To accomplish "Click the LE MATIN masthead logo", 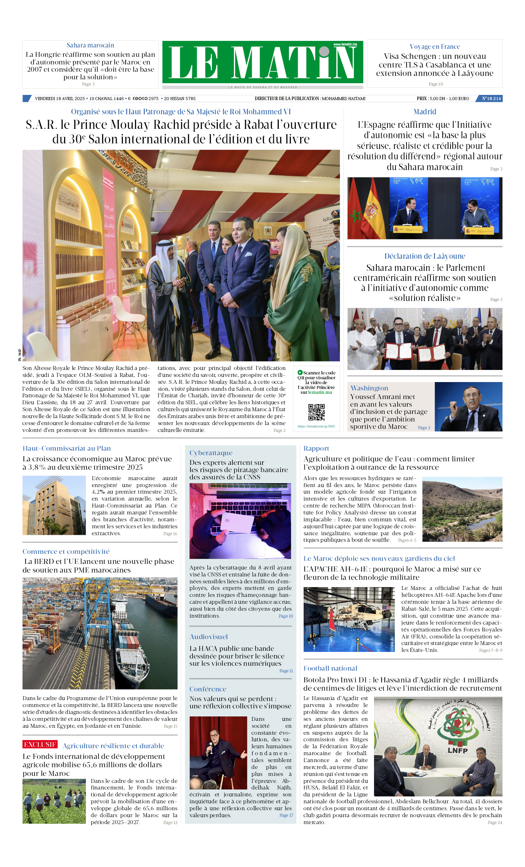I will (x=262, y=63).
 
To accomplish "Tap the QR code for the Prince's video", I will (x=316, y=412).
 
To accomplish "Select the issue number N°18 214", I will (x=491, y=98).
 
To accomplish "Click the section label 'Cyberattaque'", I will (x=211, y=453).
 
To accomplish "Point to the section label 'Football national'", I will (x=330, y=668).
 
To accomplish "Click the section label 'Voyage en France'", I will (x=435, y=46).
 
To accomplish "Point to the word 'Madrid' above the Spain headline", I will (x=425, y=112).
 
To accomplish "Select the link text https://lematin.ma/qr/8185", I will (x=316, y=426).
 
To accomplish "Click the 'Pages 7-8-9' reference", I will (x=490, y=650).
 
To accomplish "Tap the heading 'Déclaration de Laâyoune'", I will (x=424, y=256).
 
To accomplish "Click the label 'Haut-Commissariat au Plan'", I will (x=66, y=448).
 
